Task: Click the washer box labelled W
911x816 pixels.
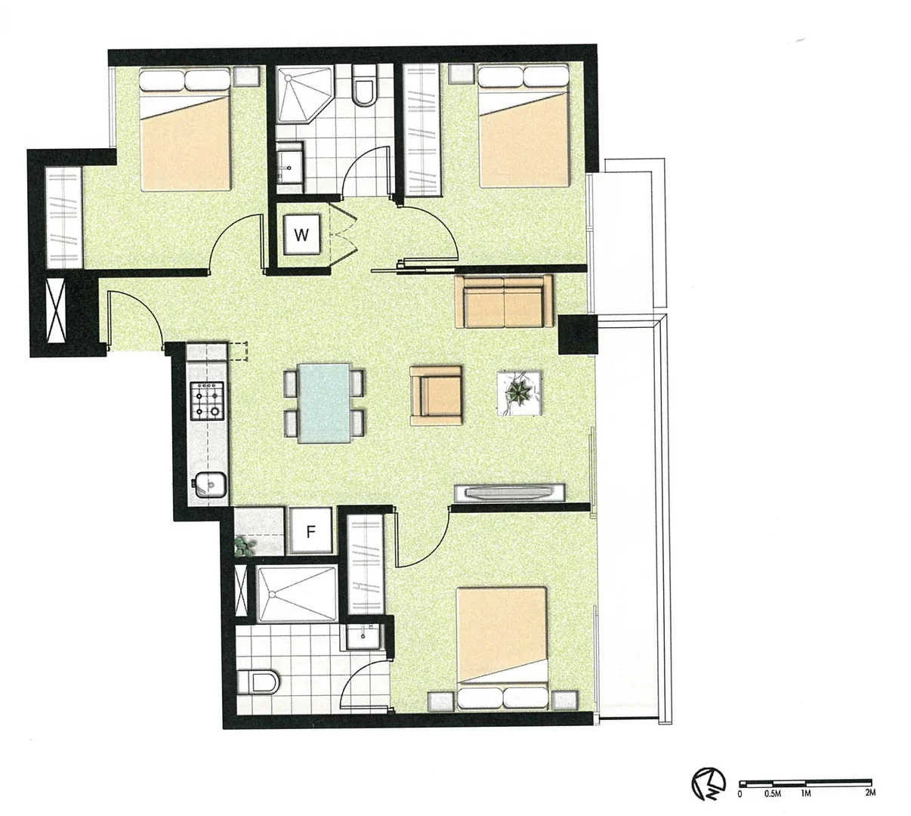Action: coord(302,234)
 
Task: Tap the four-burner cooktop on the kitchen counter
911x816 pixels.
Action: coord(208,401)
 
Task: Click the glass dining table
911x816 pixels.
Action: coord(324,402)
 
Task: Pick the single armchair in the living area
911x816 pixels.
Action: coord(437,395)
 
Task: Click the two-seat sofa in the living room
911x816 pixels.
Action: coord(504,301)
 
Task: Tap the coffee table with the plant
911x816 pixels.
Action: coord(519,393)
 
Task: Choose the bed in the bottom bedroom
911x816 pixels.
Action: coord(502,648)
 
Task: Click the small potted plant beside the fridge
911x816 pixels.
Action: coord(243,547)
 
